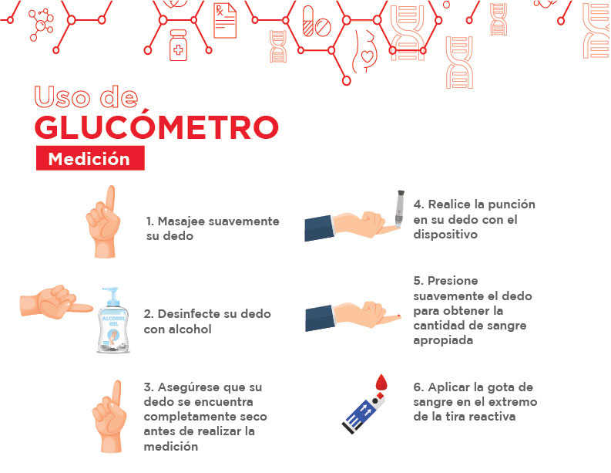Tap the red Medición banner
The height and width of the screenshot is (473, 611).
point(90,158)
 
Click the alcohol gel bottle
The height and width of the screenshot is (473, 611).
point(113,320)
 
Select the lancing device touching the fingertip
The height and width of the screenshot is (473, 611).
point(399,209)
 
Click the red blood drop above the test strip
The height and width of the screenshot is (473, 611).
point(381,382)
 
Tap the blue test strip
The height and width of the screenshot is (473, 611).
point(363,414)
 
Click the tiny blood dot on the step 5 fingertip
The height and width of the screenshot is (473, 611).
point(398,315)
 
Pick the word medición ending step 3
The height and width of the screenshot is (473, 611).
point(171,446)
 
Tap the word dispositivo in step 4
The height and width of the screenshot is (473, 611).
point(445,235)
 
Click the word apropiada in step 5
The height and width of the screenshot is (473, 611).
point(443,340)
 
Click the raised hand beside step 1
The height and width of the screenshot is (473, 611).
point(103,221)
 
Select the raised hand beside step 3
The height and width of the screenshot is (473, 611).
point(109,417)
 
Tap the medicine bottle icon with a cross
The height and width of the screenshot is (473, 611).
point(178,46)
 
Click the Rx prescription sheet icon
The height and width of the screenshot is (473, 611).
point(225,21)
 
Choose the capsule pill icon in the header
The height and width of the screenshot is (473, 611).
point(308,21)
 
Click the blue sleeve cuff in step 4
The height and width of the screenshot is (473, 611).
point(320,228)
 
